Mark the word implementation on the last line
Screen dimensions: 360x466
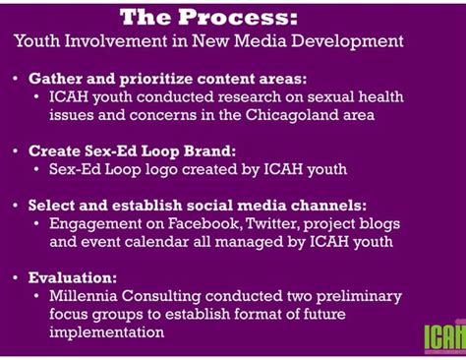(102, 332)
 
